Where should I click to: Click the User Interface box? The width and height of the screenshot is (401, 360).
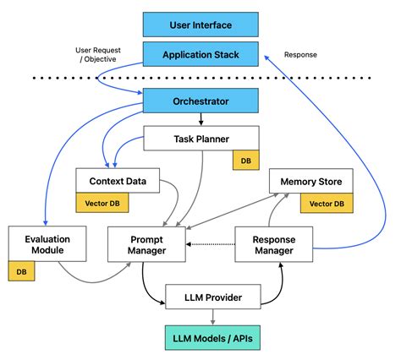[x=200, y=25]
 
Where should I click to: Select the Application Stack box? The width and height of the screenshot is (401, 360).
[x=200, y=54]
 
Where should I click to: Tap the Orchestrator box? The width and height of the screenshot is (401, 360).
[x=200, y=101]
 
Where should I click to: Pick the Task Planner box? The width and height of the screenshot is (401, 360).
[x=201, y=138]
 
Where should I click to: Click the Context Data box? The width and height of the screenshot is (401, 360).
[x=118, y=181]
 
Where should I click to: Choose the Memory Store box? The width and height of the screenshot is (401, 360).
[x=311, y=181]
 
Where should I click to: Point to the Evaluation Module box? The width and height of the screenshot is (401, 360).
[x=47, y=243]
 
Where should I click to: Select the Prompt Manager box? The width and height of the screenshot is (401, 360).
[x=146, y=244]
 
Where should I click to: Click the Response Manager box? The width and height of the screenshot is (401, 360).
[x=274, y=244]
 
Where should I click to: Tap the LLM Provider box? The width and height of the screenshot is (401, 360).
[x=213, y=297]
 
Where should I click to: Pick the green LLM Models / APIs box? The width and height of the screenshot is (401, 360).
[x=212, y=338]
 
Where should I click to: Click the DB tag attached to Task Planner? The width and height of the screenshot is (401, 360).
[x=246, y=160]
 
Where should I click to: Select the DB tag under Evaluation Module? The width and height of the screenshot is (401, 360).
[x=21, y=271]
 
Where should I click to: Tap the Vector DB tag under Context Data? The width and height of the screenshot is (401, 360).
[x=102, y=203]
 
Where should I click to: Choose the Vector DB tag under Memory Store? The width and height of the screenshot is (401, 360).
[x=327, y=203]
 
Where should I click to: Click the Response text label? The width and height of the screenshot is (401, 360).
[x=300, y=55]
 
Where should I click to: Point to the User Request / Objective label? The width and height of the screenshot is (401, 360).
[x=98, y=55]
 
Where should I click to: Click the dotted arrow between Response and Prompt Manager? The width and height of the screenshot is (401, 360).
[x=211, y=244]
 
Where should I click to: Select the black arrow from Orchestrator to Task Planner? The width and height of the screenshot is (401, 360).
[x=200, y=119]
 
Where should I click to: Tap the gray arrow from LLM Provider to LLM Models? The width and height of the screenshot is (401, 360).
[x=213, y=317]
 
